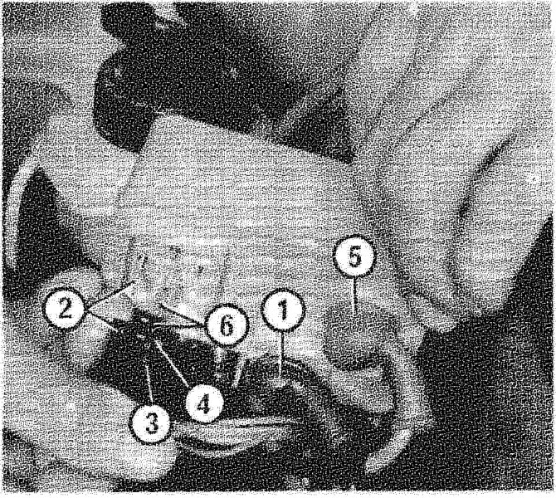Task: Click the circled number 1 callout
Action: (283, 311)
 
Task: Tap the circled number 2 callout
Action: (64, 308)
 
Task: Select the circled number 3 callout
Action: (151, 423)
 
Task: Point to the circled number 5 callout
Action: (354, 256)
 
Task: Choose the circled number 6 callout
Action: (227, 325)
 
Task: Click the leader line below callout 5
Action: (354, 295)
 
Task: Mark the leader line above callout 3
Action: (149, 383)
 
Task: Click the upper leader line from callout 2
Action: (110, 295)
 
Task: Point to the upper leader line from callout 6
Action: (183, 314)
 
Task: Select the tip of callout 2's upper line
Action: (134, 281)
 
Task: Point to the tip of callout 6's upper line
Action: (161, 303)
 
